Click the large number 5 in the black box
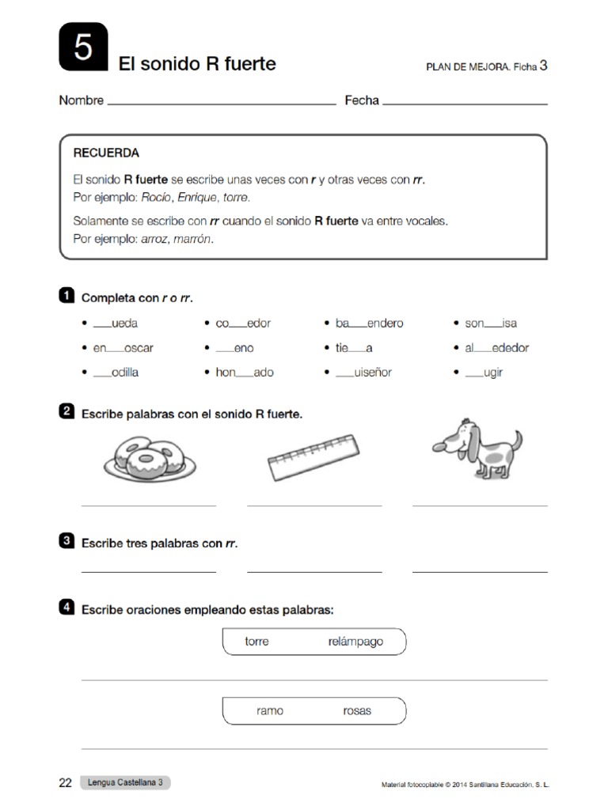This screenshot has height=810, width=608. point(83,50)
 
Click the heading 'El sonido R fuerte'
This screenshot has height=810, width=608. point(197,64)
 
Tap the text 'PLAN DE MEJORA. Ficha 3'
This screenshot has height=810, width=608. point(486,66)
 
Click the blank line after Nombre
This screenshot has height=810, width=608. point(221,102)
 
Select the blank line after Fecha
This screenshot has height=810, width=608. point(465,102)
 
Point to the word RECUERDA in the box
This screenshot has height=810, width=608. point(106,153)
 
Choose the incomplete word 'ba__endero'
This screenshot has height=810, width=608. point(369,324)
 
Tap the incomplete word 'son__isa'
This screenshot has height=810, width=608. point(491,324)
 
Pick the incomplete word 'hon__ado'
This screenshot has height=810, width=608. point(245,373)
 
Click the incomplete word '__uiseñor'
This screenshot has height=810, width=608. point(363,373)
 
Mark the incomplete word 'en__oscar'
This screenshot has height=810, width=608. point(123,348)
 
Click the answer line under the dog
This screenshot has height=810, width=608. point(480,505)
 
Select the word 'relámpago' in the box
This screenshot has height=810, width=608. point(355,642)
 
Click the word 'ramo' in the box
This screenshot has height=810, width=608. point(270,710)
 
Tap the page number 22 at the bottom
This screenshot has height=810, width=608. point(66,783)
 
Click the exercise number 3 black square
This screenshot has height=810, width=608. point(67,541)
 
